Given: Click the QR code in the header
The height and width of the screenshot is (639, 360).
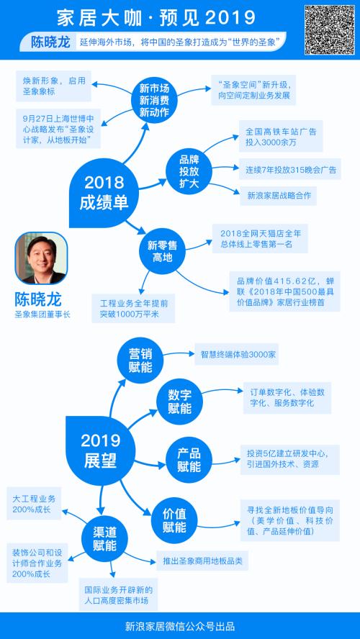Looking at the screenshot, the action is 330,30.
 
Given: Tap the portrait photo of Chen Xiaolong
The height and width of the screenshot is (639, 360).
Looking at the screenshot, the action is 41,258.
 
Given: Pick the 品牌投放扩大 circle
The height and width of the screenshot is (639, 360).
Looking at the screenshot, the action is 189,171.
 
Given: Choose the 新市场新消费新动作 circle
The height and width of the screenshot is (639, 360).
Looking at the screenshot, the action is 154,100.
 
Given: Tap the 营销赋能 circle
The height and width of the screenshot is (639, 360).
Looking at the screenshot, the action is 140,361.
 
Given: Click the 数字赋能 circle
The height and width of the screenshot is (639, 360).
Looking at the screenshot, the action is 179,402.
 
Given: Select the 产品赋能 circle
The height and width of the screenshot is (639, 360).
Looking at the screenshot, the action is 189,461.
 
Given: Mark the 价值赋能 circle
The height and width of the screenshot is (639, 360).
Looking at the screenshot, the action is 174,520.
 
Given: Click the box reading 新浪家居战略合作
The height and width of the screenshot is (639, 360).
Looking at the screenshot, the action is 279,196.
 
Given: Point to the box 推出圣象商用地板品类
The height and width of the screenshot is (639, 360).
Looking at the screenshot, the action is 202,561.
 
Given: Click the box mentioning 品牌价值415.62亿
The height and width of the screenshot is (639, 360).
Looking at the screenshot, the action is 284,291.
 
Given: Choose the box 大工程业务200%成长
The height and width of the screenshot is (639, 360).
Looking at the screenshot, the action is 34,503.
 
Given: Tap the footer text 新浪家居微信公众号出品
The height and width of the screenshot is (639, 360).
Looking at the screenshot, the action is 180,626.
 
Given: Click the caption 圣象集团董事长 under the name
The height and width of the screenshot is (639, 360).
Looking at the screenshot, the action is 42,314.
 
